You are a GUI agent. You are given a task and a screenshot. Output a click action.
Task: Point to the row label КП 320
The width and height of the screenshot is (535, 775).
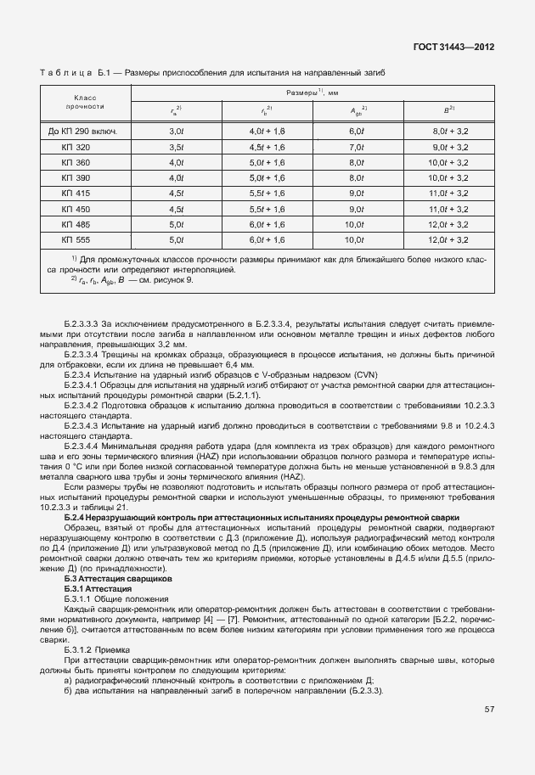(76, 147)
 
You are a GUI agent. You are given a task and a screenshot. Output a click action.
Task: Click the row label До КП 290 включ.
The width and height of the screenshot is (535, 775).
(83, 132)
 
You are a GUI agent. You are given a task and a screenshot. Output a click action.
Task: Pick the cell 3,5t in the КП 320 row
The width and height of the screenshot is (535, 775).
(177, 147)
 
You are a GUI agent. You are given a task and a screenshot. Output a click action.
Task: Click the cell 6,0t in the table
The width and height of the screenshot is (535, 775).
(357, 132)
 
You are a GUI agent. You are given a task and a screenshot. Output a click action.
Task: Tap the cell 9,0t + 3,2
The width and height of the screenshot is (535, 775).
(450, 147)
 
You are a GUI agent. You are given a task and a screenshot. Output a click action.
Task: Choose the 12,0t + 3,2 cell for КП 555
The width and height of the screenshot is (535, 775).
(450, 240)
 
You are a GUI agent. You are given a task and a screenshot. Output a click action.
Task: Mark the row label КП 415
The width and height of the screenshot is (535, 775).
(76, 194)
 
